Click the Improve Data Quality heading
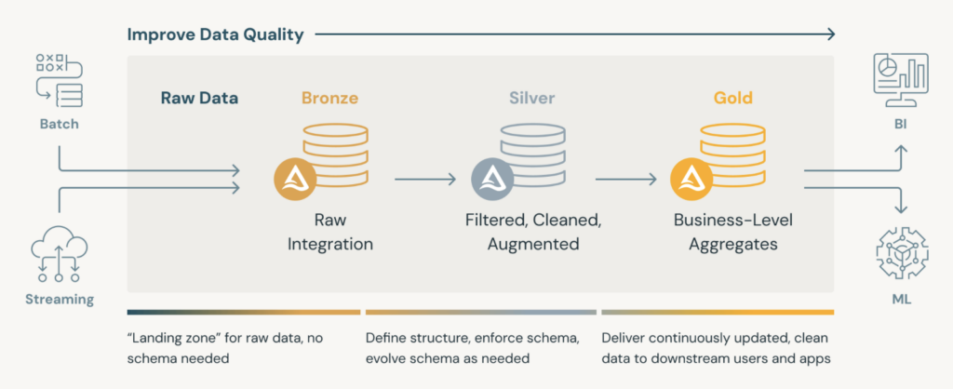tap(215, 35)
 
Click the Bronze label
tap(329, 98)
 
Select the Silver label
tap(531, 98)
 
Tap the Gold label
tap(733, 98)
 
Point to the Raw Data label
tap(199, 98)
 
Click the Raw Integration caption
tap(329, 233)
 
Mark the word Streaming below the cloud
tap(60, 300)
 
